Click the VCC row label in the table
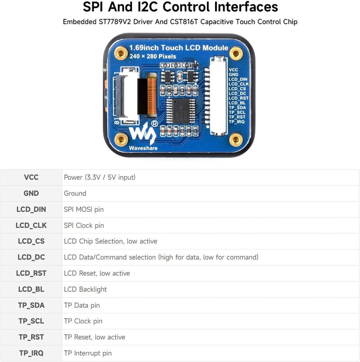[x=31, y=177]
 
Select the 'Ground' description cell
[x=75, y=193]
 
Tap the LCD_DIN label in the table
[x=31, y=209]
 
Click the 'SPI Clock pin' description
[x=84, y=225]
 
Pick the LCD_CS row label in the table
[x=31, y=241]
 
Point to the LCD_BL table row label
[x=31, y=289]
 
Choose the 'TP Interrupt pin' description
[x=88, y=353]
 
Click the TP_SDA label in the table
[x=31, y=305]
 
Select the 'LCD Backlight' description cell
[x=85, y=289]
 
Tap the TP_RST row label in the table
[x=31, y=337]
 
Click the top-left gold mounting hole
[x=121, y=54]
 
